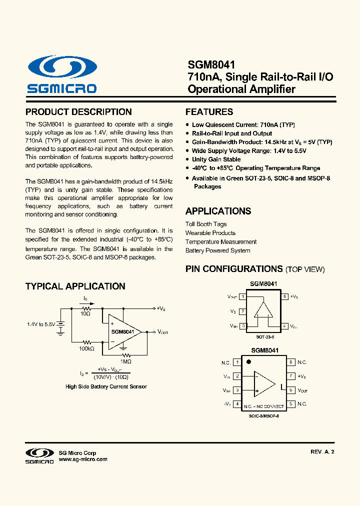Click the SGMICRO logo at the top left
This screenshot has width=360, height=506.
tap(62, 74)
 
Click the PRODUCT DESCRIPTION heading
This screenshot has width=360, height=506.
tap(78, 112)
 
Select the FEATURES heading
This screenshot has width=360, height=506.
tap(209, 112)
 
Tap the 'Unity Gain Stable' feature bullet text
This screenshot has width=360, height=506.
tap(216, 159)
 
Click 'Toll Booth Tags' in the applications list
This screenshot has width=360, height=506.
tap(206, 224)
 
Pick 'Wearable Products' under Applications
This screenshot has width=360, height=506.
tap(210, 233)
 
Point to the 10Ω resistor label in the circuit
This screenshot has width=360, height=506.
tap(85, 313)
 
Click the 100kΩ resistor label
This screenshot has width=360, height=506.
tap(86, 348)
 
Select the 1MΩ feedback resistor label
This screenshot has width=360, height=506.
tap(125, 361)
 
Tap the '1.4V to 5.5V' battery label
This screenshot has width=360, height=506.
tap(41, 324)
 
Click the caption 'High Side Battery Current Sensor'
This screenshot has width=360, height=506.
tap(106, 386)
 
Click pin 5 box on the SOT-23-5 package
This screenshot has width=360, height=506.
tap(284, 296)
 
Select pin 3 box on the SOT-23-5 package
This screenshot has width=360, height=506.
tap(242, 326)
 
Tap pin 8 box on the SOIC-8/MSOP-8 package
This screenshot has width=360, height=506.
tap(290, 362)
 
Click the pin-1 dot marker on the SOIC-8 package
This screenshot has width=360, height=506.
tap(248, 361)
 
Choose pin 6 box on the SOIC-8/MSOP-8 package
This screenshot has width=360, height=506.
tap(290, 390)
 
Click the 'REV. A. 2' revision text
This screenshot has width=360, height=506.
tap(322, 451)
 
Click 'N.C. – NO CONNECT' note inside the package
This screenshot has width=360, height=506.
tap(263, 406)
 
